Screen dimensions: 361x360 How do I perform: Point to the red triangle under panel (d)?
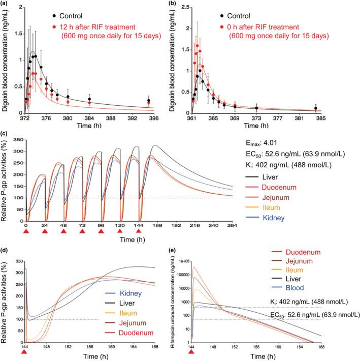click(x=26, y=351)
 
